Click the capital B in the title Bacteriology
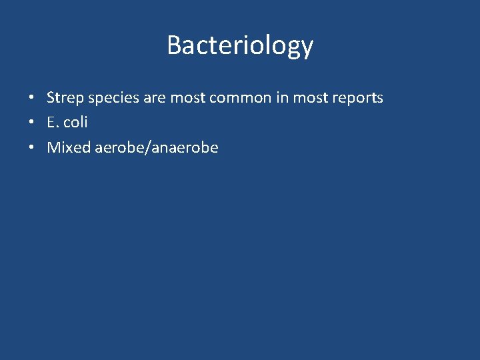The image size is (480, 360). click(x=174, y=45)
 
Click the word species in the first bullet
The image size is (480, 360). click(x=108, y=99)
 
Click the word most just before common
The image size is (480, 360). click(x=187, y=98)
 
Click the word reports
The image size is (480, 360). click(x=358, y=99)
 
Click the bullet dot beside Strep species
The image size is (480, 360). click(x=31, y=99)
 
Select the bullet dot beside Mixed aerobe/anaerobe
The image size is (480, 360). click(x=31, y=148)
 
